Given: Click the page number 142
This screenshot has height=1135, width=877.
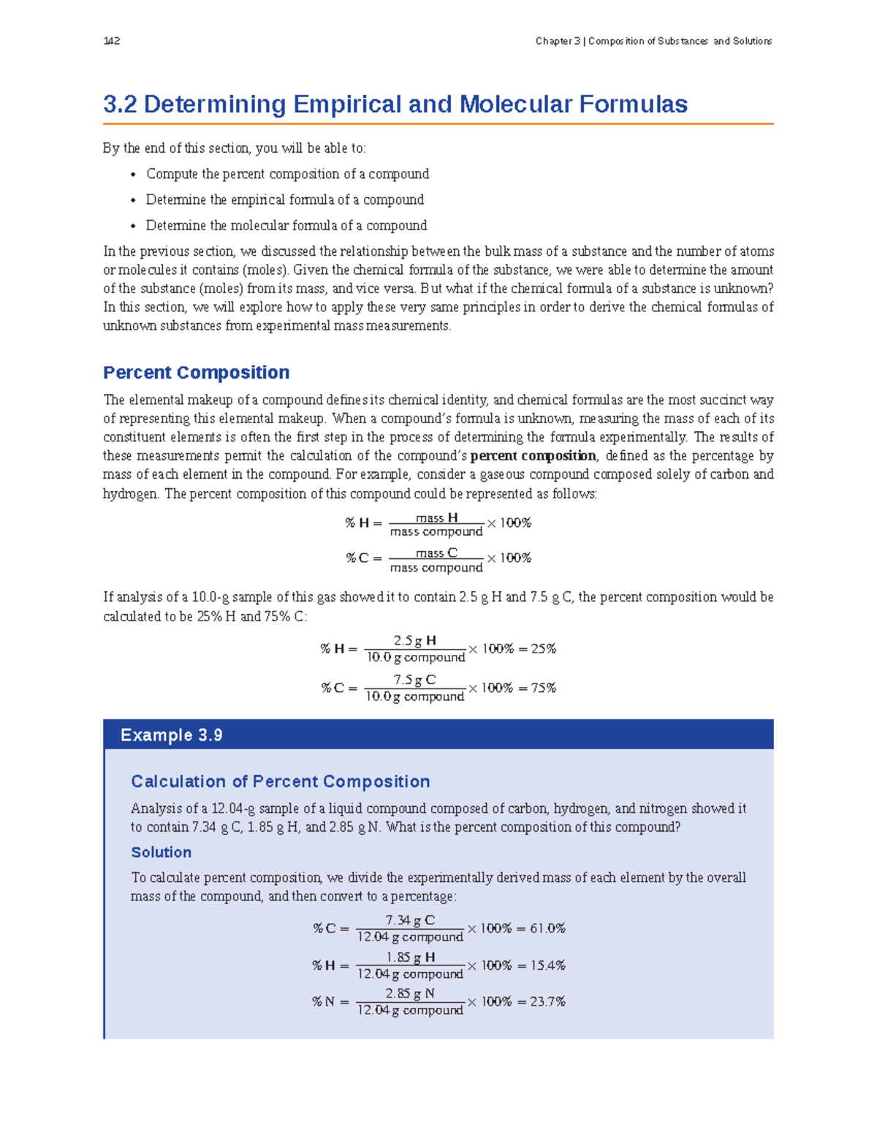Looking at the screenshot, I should (x=112, y=41).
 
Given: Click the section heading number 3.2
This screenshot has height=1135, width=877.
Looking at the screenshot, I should (x=120, y=105).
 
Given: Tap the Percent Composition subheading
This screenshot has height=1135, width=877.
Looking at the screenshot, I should (x=196, y=373).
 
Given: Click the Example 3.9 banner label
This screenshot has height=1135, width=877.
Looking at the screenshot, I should (x=171, y=735).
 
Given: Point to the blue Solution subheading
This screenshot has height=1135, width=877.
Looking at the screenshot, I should (x=161, y=852).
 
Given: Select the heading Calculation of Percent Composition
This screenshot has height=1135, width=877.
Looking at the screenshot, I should (x=280, y=782).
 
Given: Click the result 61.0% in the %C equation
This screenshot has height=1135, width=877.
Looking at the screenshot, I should (x=548, y=928).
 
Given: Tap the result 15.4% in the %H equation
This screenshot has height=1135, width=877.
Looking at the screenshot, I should (x=548, y=965).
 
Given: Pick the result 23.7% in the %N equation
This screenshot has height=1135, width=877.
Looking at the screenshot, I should (x=548, y=1002).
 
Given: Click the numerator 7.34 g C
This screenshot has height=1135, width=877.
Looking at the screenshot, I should (x=410, y=920).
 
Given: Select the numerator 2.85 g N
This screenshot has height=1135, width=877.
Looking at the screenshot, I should (x=410, y=994).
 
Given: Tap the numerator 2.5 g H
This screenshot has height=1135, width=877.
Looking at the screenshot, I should (x=414, y=641).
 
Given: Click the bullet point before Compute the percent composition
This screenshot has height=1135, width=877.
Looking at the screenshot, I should (x=133, y=175).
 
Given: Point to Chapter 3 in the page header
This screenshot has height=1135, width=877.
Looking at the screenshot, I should (x=558, y=41).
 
